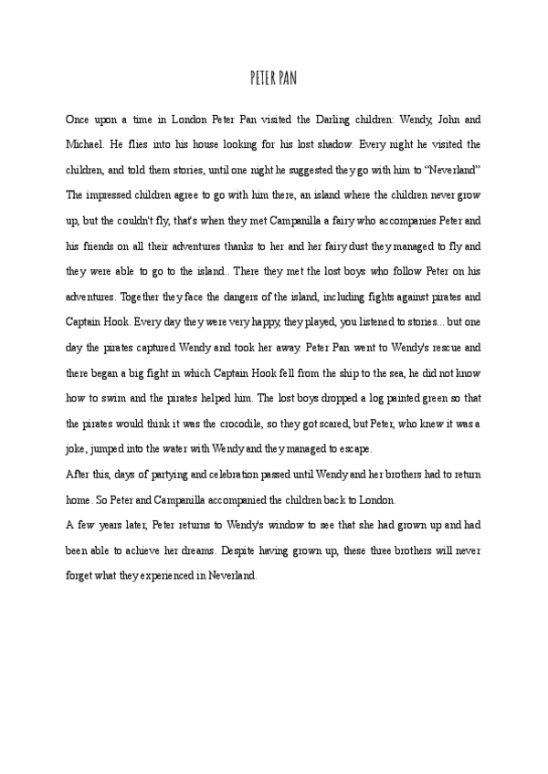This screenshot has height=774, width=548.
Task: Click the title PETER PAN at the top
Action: pyautogui.click(x=273, y=79)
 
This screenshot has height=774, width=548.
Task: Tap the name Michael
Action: pyautogui.click(x=85, y=144)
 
